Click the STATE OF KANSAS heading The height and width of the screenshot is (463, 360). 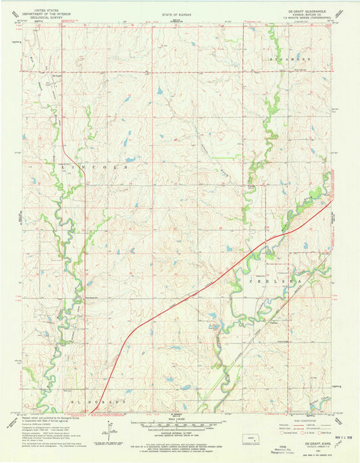[177, 14]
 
